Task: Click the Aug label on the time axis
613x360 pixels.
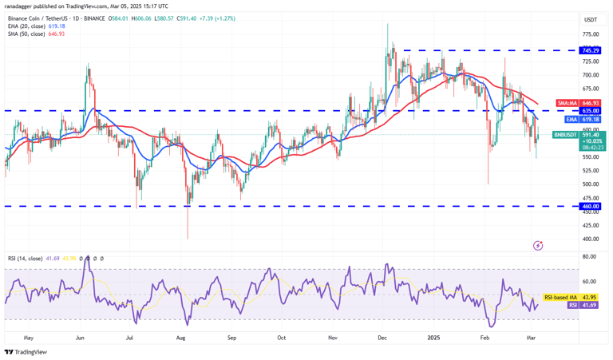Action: click(x=180, y=338)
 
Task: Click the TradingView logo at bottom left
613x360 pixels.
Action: click(x=26, y=352)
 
